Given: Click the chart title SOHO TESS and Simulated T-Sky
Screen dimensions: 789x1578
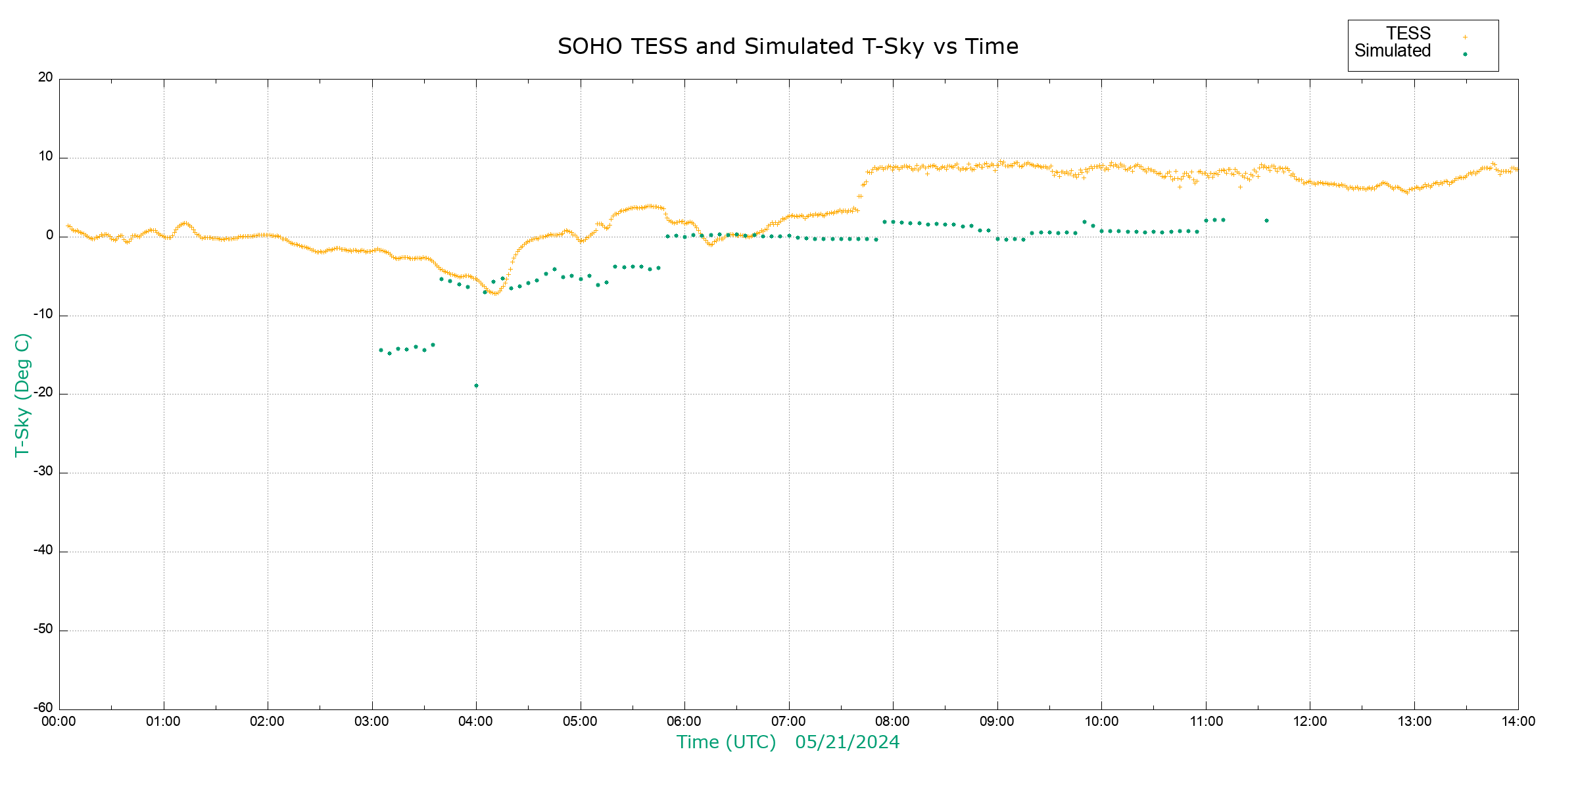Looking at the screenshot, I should [788, 47].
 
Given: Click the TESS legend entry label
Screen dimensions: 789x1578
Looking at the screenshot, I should [1408, 34].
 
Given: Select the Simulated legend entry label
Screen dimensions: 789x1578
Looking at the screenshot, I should [1393, 51].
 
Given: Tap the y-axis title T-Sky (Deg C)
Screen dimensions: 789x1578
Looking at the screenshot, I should [22, 394].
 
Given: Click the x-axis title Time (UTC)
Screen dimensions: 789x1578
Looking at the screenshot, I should [726, 742].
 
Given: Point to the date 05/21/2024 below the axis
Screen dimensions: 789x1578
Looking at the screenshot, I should [847, 742].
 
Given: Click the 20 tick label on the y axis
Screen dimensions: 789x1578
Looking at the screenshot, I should [45, 78].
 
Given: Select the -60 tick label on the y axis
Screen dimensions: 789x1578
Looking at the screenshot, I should [43, 708].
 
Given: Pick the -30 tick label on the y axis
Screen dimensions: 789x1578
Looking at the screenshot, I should [43, 471].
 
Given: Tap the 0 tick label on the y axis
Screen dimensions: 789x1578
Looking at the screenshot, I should [50, 235].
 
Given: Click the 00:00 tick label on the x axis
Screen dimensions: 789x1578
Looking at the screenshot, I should [59, 722].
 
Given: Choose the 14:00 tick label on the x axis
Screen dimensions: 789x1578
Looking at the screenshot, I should [1518, 722].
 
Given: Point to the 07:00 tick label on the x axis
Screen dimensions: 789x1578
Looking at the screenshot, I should [788, 722].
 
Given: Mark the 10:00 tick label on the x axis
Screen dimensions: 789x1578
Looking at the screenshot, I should [1101, 722].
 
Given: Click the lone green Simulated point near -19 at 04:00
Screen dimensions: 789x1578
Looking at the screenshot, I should [476, 386].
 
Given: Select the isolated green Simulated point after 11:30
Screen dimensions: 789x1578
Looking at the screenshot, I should [1266, 221].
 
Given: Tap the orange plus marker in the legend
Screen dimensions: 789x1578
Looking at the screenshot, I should [1465, 37].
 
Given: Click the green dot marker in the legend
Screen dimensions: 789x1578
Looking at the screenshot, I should [1465, 55].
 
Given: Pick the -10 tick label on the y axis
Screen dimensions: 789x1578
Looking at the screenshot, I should [43, 314].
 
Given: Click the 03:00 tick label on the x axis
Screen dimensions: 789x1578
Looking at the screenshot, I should [371, 722].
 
